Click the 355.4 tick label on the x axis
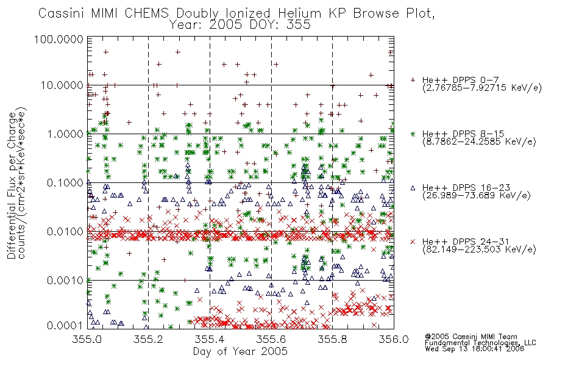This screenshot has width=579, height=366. pos(210,339)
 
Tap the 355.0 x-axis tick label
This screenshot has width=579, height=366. pos(87,339)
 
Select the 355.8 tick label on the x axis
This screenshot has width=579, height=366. pos(333,339)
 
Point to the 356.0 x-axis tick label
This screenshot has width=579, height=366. pos(394,339)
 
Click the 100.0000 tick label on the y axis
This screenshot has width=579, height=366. pos(59,39)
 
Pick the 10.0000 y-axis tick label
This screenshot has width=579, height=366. pos(62,85)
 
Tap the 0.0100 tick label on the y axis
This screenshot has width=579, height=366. pos(65,232)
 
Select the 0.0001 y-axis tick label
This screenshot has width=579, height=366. pos(65,326)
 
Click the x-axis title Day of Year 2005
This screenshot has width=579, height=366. pos(240,351)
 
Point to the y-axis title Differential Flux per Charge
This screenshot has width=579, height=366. pos(12,185)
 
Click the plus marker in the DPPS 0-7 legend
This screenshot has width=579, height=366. pos(413,80)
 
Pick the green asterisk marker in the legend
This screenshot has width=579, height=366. pos(413,134)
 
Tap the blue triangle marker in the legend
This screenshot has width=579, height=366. pos(413,188)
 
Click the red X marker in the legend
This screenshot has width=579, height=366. pos(413,242)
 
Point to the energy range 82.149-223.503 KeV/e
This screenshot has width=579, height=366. pos(479,249)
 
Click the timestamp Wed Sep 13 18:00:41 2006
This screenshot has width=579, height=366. pos(475,349)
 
